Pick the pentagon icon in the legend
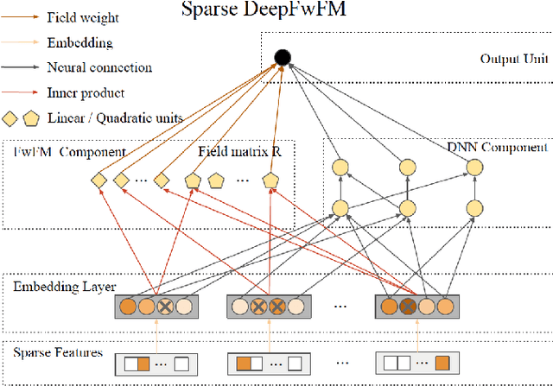coord(33,118)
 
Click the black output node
coord(281,58)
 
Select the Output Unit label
coord(509,59)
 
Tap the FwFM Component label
coord(69,152)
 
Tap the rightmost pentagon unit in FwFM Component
coord(271,180)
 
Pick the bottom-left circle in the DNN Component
coord(340,207)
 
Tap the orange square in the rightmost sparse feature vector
coord(442,363)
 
